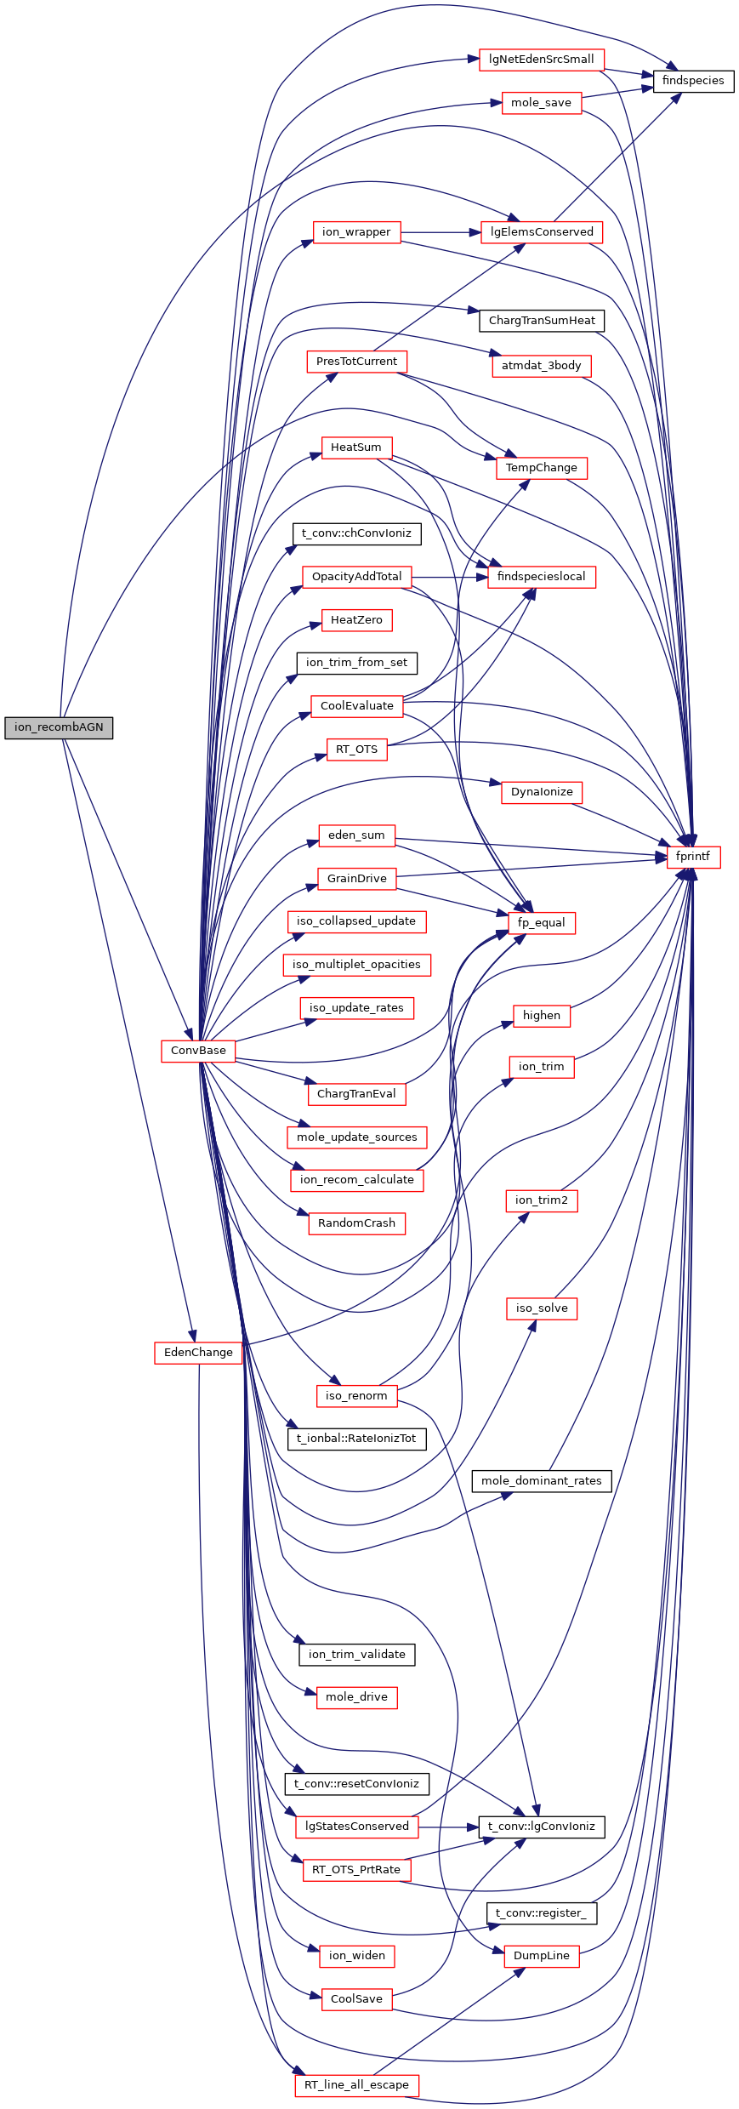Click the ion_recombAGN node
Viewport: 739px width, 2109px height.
(59, 727)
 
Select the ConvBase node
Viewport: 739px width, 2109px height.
(198, 1051)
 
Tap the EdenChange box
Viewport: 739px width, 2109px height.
(198, 1353)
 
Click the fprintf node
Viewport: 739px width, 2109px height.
(693, 857)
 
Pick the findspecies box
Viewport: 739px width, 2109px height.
(693, 81)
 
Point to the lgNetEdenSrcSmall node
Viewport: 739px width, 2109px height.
(542, 60)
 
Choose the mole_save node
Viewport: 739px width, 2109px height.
(541, 103)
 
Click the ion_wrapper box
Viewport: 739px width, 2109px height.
(356, 232)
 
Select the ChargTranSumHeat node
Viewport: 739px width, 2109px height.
(542, 321)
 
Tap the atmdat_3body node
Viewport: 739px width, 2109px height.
(541, 366)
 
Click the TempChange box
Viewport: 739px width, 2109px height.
(541, 468)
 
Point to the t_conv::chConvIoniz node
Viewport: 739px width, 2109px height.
(356, 533)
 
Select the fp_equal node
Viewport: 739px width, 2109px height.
(541, 923)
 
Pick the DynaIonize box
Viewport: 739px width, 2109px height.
(542, 792)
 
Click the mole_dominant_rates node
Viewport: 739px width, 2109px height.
(541, 1481)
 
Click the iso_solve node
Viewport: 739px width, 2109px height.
(541, 1308)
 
